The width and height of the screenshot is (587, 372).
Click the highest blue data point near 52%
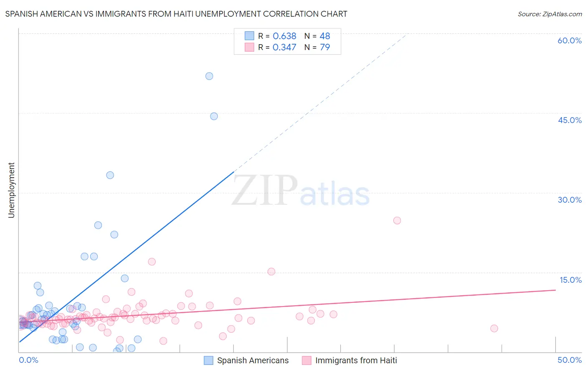209,76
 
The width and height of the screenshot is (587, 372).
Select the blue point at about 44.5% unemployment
214,116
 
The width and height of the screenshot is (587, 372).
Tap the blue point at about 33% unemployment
110,175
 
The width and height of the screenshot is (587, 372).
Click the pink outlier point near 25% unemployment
397,221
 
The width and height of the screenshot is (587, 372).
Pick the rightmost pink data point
494,328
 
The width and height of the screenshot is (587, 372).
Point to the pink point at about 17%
152,262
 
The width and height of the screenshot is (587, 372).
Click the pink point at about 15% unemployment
271,271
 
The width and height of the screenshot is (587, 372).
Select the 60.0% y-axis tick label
569,40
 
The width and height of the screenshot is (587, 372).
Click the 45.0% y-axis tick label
569,120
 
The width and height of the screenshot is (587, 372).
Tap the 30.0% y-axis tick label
569,200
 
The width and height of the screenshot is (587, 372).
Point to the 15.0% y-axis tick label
569,280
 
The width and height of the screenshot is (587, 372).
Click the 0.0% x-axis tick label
28,360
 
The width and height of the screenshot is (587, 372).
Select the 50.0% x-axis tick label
569,360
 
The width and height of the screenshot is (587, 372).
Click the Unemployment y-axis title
11,190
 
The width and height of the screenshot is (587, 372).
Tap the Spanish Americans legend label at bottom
253,361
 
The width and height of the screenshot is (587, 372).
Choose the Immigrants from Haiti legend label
356,361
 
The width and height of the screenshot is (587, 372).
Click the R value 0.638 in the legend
284,36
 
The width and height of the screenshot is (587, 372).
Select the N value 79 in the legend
325,48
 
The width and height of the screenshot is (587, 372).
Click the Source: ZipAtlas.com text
549,14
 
